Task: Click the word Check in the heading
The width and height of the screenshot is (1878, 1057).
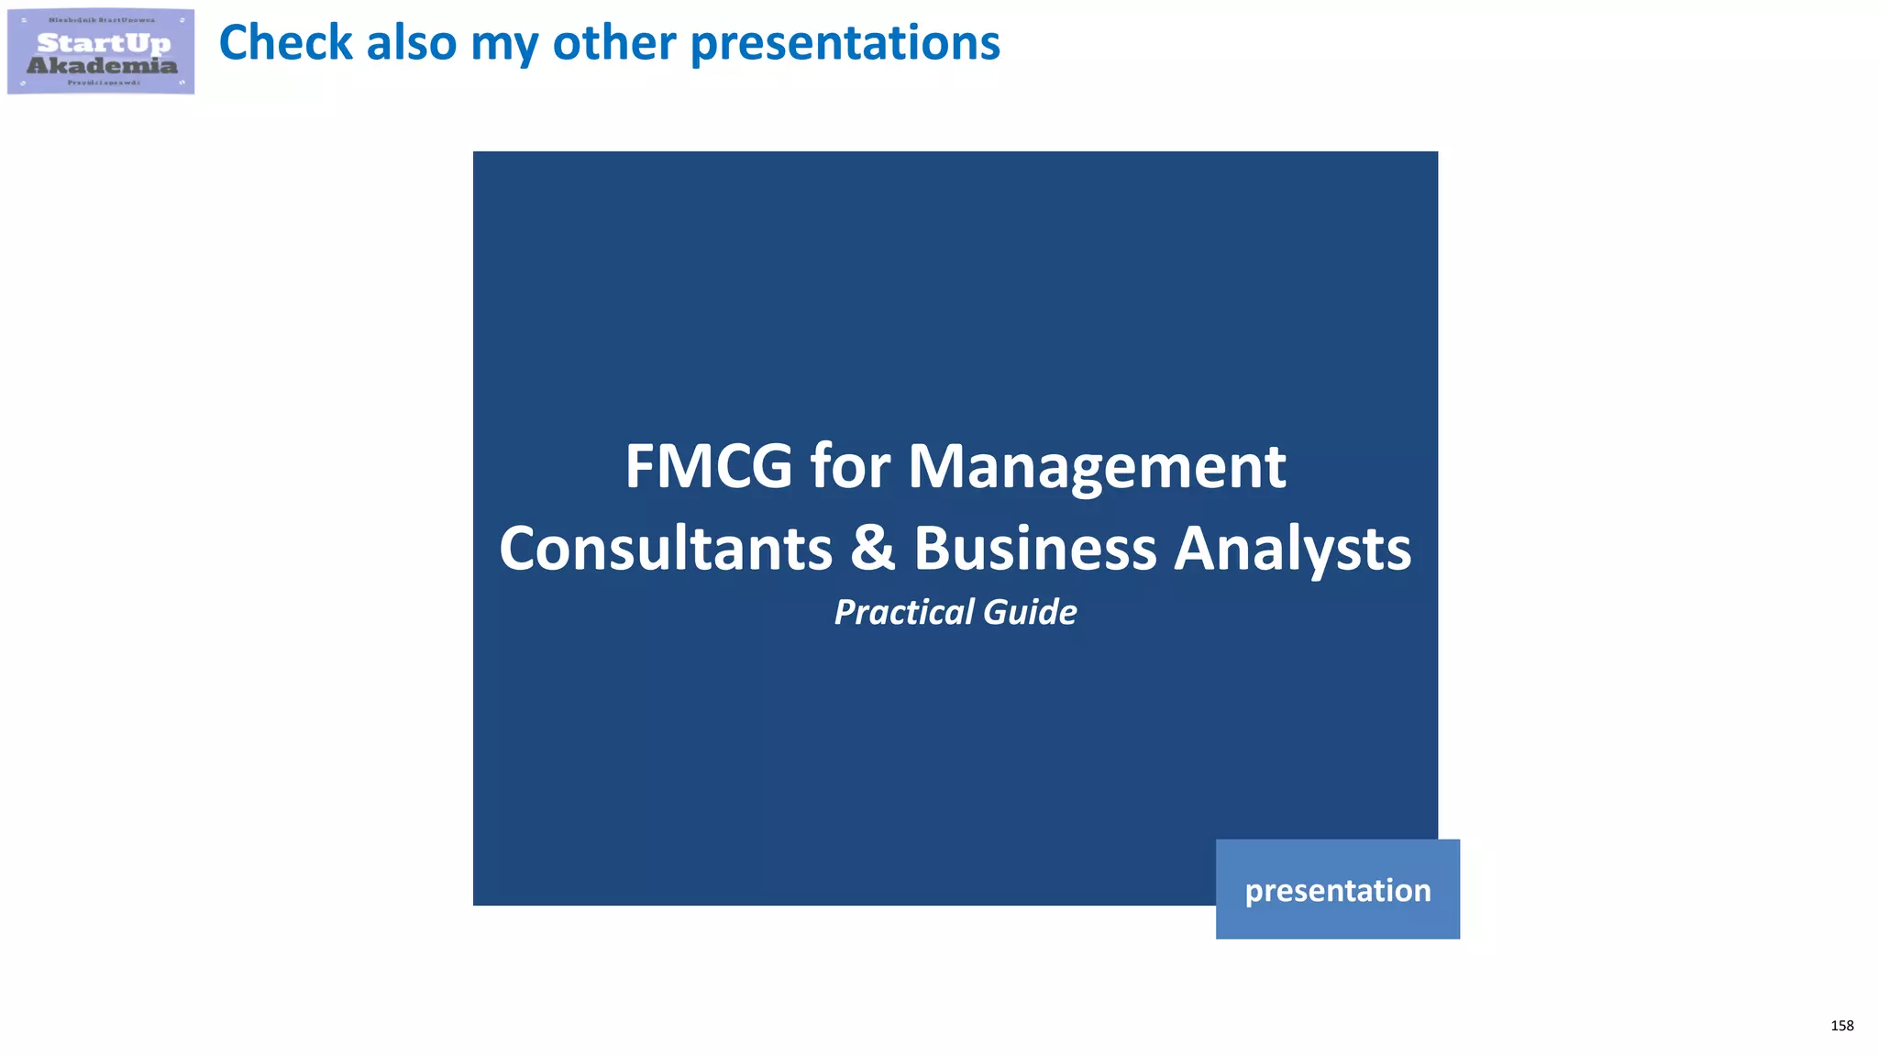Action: (x=285, y=42)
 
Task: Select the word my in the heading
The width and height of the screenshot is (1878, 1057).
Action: (x=503, y=44)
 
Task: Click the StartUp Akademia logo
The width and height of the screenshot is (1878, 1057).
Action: (x=101, y=51)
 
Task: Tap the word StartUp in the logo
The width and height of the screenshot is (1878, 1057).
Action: (x=103, y=42)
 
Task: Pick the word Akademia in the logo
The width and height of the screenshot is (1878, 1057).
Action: (x=102, y=65)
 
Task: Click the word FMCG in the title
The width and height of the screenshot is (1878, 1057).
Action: (x=708, y=466)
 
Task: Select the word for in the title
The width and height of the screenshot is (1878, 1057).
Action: (x=850, y=466)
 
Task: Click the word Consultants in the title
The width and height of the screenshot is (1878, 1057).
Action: (x=666, y=549)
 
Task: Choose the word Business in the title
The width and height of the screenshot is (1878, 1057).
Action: (x=1035, y=549)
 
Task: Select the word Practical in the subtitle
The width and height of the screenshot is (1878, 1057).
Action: (x=903, y=612)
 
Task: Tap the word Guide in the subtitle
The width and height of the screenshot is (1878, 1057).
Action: (x=1030, y=612)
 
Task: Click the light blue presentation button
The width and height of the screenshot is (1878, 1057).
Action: (x=1337, y=889)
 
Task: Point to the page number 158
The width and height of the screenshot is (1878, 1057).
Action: (x=1841, y=1026)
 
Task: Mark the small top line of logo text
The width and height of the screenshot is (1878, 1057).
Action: (x=102, y=19)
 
